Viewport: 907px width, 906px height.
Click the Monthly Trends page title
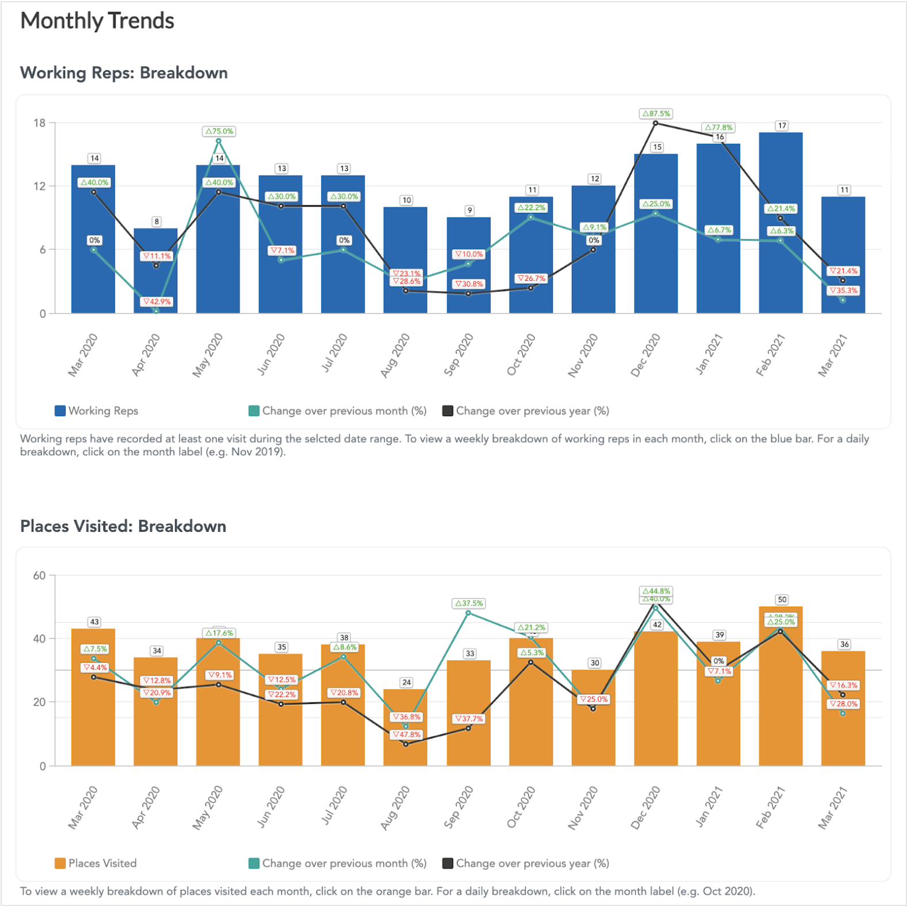tap(97, 21)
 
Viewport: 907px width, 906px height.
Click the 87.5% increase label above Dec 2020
tap(656, 114)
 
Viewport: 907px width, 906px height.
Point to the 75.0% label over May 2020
tap(219, 131)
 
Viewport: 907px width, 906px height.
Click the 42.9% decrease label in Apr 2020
tap(157, 302)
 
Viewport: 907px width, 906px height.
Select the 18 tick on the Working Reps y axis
tap(39, 123)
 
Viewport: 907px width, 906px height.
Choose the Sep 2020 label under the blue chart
tap(458, 355)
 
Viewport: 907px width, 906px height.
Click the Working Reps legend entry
tap(97, 411)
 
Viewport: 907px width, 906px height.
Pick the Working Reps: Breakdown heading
tap(124, 73)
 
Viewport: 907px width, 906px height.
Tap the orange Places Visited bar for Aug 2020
tap(405, 748)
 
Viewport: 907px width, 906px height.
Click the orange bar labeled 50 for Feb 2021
tap(780, 691)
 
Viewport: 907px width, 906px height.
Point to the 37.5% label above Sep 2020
tap(469, 603)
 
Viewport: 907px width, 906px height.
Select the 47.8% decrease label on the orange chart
tap(407, 734)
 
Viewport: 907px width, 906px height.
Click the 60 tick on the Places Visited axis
tap(39, 575)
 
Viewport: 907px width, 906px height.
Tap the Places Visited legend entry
tap(96, 863)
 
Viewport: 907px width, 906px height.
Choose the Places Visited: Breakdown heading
tap(123, 526)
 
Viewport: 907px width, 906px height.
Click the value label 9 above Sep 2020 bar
tap(470, 211)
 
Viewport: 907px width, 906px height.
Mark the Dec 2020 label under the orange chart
tap(646, 807)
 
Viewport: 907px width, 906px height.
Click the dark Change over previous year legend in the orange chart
tap(525, 863)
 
